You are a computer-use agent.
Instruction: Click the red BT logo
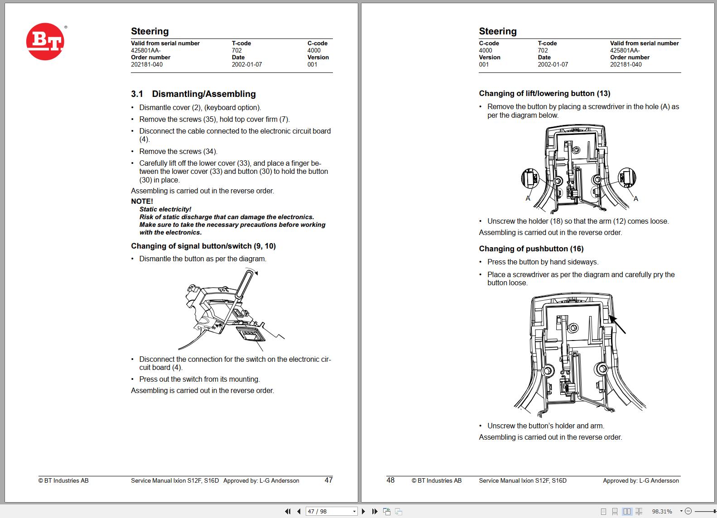tap(45, 42)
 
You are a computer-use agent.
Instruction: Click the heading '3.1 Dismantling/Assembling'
tap(193, 94)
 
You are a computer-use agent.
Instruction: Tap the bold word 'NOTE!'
tap(142, 201)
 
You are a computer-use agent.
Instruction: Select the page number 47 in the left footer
tap(329, 480)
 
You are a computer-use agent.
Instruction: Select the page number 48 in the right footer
tap(390, 480)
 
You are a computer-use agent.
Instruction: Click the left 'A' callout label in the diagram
tap(528, 198)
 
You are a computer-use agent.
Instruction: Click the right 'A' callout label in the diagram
tap(636, 199)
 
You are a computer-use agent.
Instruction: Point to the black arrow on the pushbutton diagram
tap(617, 324)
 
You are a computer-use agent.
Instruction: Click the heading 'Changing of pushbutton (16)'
tap(531, 249)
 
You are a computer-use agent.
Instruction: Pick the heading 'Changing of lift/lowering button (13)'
tap(544, 94)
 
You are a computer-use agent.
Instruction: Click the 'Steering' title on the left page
tap(150, 31)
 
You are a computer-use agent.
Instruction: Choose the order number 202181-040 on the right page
tap(626, 64)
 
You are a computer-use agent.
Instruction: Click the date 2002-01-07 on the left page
tap(247, 64)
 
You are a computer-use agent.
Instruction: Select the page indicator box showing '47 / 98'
tap(332, 511)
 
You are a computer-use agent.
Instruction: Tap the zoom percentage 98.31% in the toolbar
tap(662, 511)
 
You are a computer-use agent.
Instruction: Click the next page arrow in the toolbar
tap(363, 511)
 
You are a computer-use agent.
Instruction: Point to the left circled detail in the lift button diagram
tap(530, 178)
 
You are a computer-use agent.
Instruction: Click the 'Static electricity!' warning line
tap(165, 209)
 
